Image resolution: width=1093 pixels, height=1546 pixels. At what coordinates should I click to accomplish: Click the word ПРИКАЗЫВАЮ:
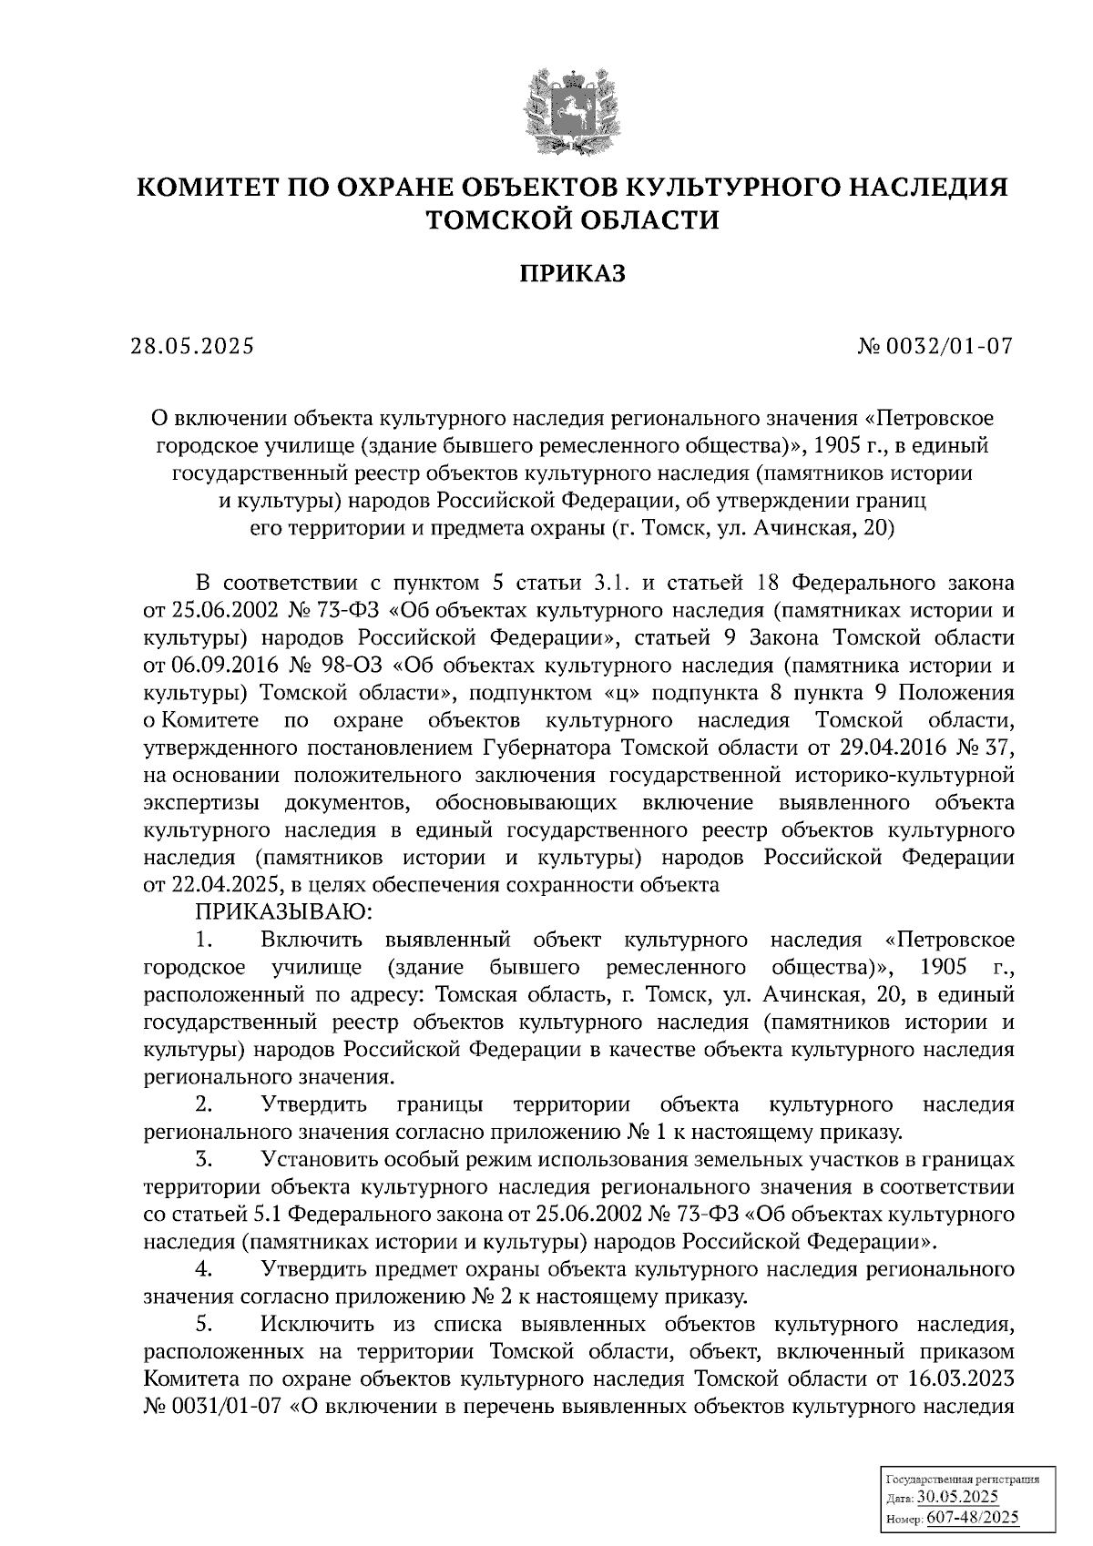(281, 911)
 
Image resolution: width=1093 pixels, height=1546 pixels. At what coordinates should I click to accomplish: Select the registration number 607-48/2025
(972, 1518)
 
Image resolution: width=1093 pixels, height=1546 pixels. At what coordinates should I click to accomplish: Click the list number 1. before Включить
(204, 940)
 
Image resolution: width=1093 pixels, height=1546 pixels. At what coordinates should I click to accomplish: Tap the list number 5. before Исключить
(204, 1325)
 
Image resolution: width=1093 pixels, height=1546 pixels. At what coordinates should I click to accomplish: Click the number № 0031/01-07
(212, 1408)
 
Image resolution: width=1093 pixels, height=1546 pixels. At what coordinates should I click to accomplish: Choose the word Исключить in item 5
(312, 1325)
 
